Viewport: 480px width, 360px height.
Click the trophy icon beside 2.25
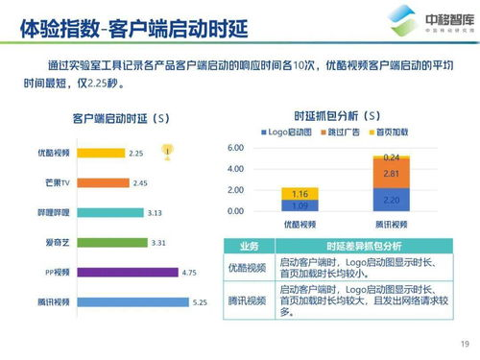168,150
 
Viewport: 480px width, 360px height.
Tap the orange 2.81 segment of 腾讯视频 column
391,174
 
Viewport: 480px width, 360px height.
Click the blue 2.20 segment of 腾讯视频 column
391,200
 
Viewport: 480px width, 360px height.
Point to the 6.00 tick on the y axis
237,148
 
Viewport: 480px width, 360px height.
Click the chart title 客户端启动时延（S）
120,118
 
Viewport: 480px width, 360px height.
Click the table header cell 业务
248,246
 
